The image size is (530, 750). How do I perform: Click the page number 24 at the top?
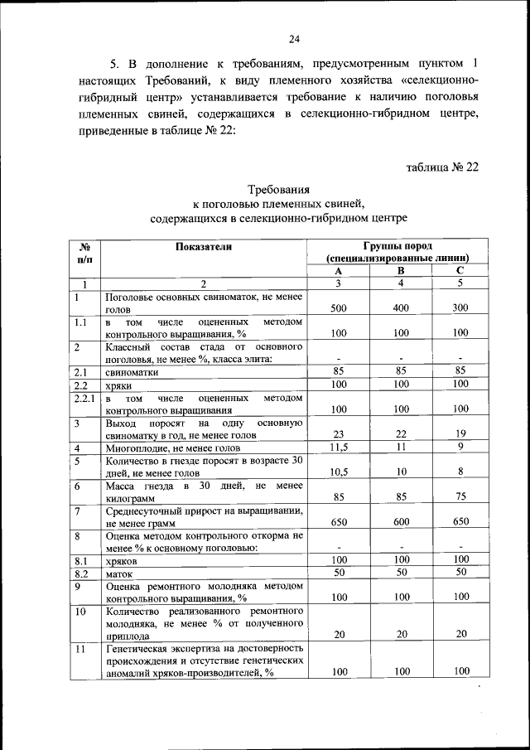(x=295, y=37)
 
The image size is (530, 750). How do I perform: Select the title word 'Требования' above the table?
(x=278, y=189)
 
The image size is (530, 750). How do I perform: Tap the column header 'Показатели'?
(x=205, y=246)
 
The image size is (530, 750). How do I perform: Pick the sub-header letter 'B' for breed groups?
(x=401, y=271)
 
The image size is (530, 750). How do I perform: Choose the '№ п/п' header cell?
(x=84, y=252)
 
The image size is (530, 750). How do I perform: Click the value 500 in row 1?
(x=338, y=308)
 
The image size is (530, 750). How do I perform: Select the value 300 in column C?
(x=460, y=308)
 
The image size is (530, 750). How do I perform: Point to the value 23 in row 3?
(x=338, y=434)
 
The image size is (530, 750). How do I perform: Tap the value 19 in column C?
(x=460, y=434)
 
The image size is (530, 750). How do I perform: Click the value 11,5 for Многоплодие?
(x=338, y=448)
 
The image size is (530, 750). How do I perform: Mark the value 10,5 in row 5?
(x=338, y=472)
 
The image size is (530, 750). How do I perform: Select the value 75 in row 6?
(x=460, y=498)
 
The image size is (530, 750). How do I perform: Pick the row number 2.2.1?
(x=84, y=399)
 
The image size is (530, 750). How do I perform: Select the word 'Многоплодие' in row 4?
(x=137, y=448)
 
